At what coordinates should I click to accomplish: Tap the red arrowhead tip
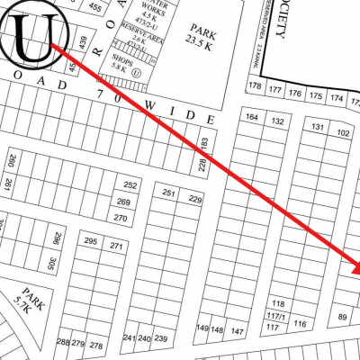coord(357,269)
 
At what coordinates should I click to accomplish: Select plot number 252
coord(130,184)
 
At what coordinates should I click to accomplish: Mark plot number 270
coord(121,218)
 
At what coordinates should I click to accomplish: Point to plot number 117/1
coord(275,317)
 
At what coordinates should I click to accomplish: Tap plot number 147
coord(238,331)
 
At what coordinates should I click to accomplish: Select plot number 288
coord(62,343)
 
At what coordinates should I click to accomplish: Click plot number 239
coord(161,338)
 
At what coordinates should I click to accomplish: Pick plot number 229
coord(194,200)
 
